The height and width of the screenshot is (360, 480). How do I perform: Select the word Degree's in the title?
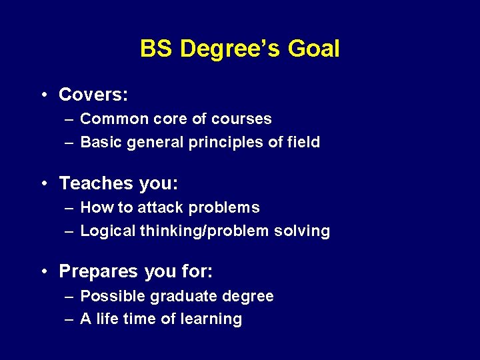pyautogui.click(x=231, y=49)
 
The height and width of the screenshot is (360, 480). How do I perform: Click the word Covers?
pyautogui.click(x=93, y=95)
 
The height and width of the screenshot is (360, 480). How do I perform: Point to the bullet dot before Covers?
pyautogui.click(x=43, y=95)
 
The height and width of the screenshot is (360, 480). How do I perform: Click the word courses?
pyautogui.click(x=248, y=119)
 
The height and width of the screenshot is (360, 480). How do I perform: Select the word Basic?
pyautogui.click(x=98, y=142)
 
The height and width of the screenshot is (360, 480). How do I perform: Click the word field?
pyautogui.click(x=303, y=142)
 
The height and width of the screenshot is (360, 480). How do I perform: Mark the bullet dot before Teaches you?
pyautogui.click(x=43, y=183)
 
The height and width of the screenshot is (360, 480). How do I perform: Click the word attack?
pyautogui.click(x=161, y=208)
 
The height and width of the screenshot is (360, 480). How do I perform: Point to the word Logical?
pyautogui.click(x=107, y=231)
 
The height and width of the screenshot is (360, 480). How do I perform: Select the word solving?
pyautogui.click(x=305, y=231)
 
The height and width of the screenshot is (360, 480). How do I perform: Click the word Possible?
pyautogui.click(x=109, y=296)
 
